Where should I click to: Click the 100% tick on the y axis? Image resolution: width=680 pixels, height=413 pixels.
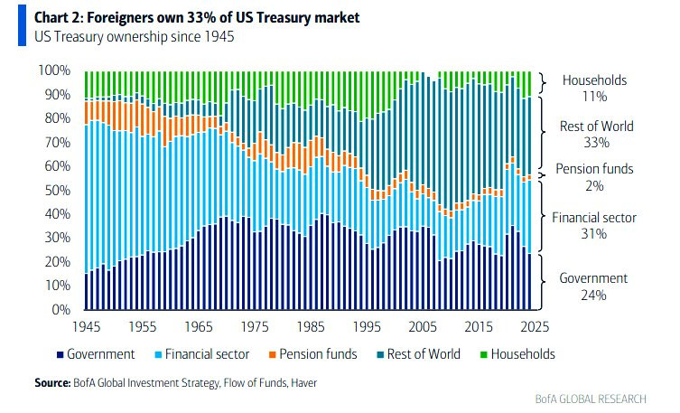[54, 70]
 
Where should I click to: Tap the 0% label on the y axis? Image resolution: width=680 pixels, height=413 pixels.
[61, 309]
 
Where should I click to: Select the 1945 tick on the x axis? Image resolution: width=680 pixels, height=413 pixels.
[87, 326]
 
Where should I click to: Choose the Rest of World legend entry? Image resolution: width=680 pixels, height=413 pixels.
[423, 354]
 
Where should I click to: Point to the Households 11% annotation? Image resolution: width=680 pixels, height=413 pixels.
[593, 88]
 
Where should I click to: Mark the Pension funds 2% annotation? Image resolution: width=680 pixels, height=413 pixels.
[593, 176]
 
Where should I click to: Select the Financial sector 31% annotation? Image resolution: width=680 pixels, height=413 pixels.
[593, 225]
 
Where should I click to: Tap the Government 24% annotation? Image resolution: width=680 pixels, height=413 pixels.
[593, 286]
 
